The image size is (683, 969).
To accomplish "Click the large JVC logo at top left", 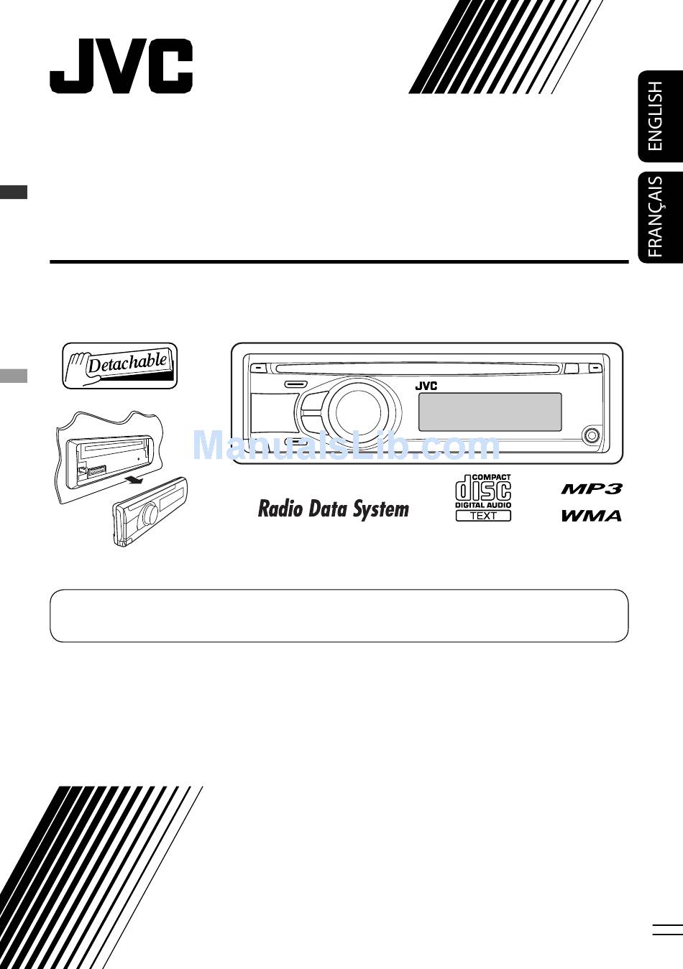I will click(x=121, y=66).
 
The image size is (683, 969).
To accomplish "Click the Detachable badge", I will click(x=119, y=366).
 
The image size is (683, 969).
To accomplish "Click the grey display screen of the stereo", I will click(x=490, y=412).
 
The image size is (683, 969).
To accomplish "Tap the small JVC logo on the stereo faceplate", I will click(x=426, y=386).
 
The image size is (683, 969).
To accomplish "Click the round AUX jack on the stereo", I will click(x=591, y=435).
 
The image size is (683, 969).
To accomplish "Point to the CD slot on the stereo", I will click(x=417, y=369).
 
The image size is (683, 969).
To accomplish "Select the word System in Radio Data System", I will click(x=381, y=510).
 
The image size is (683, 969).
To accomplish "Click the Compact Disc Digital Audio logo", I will click(x=483, y=491).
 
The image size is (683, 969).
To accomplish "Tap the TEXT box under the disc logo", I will click(x=483, y=516).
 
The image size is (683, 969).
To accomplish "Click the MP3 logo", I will click(x=591, y=489).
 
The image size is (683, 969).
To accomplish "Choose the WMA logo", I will click(x=591, y=515).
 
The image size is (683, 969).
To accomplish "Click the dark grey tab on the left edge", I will click(x=14, y=192).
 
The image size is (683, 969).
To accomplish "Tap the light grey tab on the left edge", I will click(x=14, y=376).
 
